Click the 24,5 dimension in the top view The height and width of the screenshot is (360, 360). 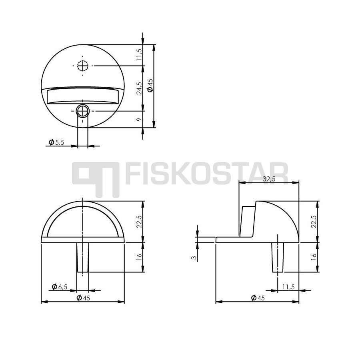click(x=139, y=88)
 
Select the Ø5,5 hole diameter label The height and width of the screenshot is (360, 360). click(x=56, y=142)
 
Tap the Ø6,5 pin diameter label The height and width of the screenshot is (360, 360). click(x=60, y=287)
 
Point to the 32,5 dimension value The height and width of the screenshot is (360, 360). click(x=269, y=179)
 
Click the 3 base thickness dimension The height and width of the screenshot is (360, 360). click(x=194, y=258)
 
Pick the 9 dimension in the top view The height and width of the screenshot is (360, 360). click(x=139, y=119)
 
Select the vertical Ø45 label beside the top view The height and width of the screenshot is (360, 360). click(x=150, y=85)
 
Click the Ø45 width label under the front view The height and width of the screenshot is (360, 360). click(x=83, y=298)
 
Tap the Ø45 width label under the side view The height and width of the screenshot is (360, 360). click(x=258, y=298)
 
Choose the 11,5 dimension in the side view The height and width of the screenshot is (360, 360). click(x=288, y=287)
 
